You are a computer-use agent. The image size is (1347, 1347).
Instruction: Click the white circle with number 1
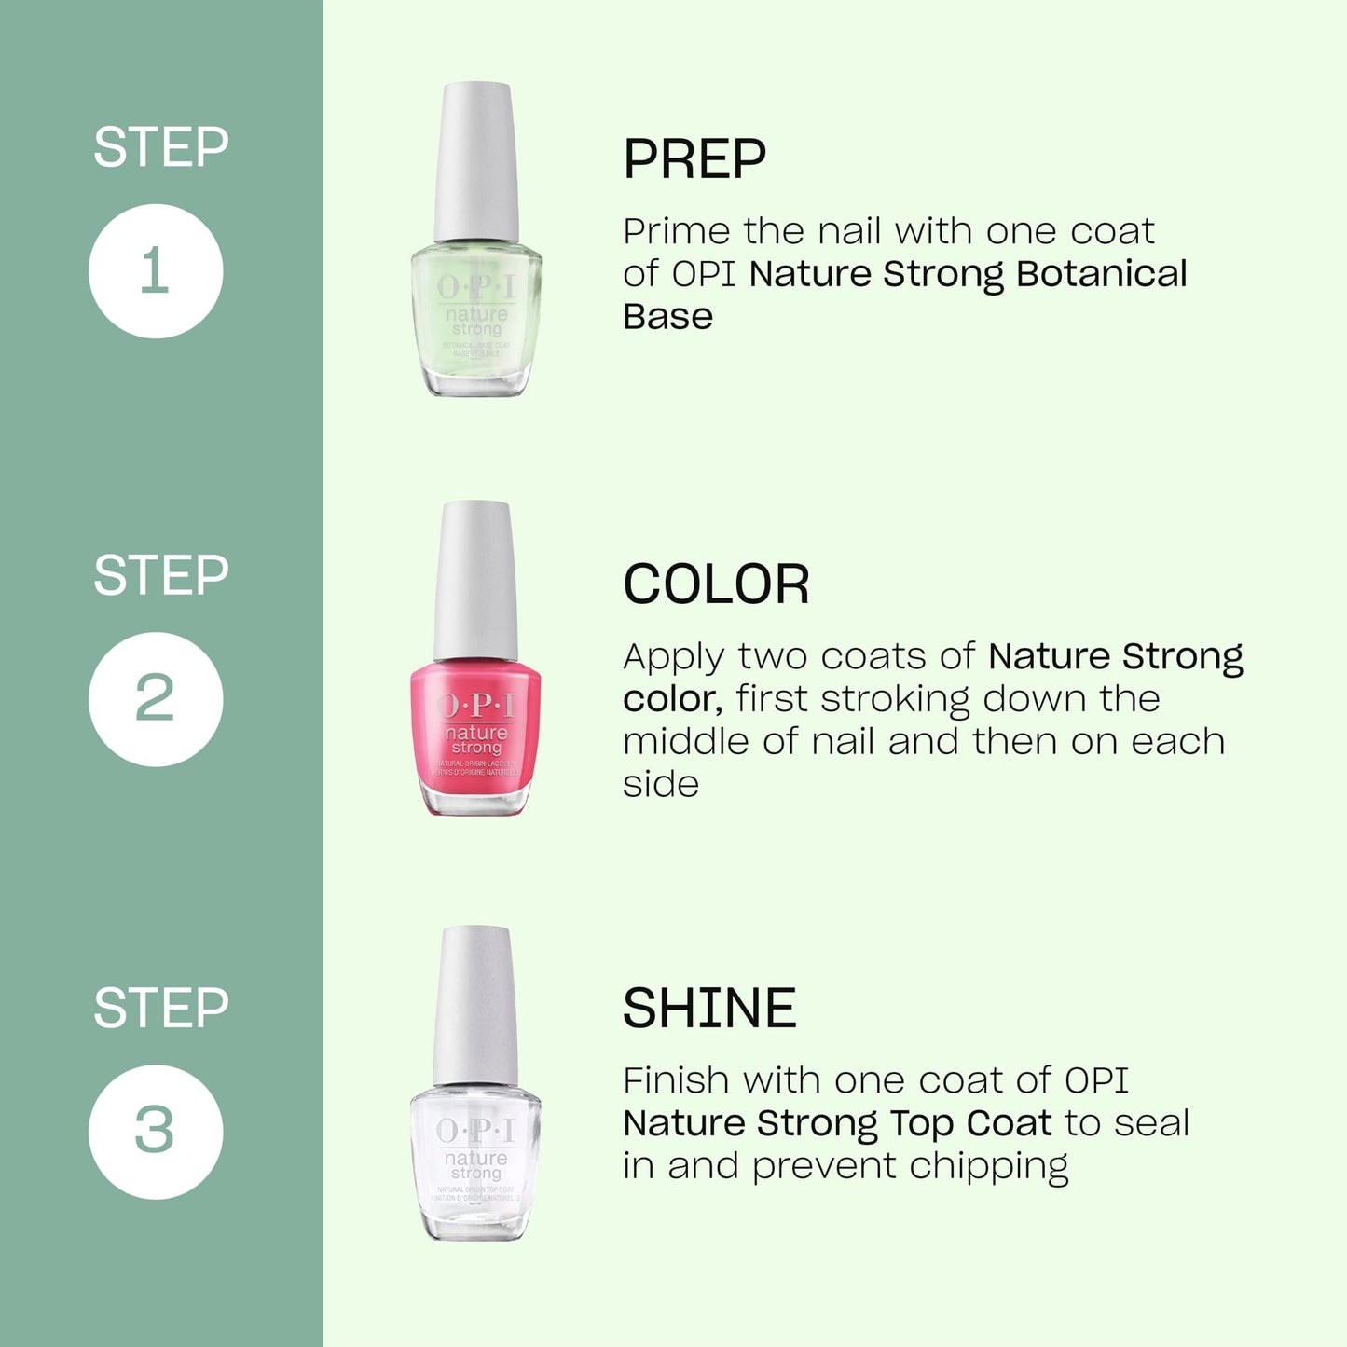(156, 271)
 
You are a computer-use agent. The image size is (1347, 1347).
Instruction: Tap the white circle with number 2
(156, 699)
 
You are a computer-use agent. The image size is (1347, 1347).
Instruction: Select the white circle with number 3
(156, 1132)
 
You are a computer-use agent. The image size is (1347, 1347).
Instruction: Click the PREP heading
(694, 159)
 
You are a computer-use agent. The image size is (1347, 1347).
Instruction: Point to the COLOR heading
(716, 585)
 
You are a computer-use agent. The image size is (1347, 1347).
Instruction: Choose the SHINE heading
(709, 1009)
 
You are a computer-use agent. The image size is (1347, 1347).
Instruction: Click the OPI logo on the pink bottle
(475, 706)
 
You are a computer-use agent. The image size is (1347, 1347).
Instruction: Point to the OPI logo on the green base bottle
(475, 286)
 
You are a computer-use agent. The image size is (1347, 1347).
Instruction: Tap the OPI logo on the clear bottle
(475, 1131)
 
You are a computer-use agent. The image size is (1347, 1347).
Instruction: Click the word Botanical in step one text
(1101, 274)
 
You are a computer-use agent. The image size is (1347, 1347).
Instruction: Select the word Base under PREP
(667, 317)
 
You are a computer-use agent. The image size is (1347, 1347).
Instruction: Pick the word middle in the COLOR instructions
(685, 742)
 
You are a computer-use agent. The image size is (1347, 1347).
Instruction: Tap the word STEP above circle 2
(160, 575)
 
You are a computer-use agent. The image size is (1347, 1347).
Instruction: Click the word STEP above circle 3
(160, 1008)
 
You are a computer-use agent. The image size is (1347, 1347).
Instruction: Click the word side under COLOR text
(660, 784)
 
